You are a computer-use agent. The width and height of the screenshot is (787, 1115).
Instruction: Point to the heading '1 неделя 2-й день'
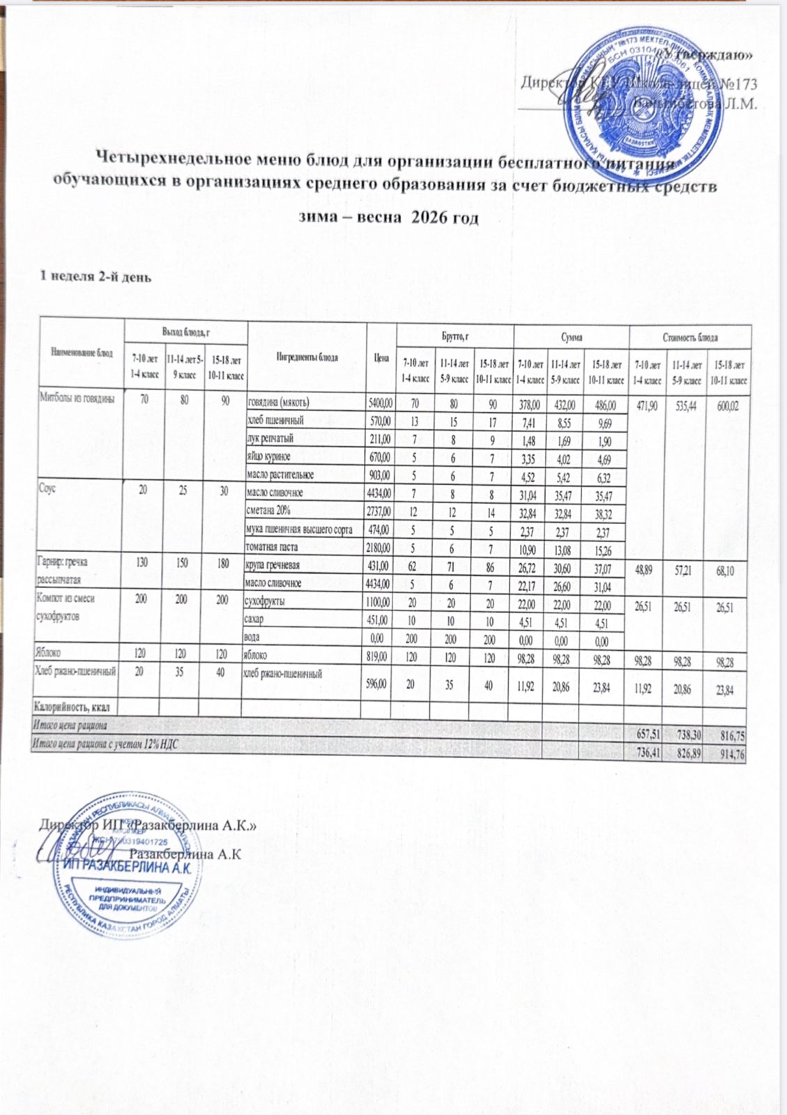93,277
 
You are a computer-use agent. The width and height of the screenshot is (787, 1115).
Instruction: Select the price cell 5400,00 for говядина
380,403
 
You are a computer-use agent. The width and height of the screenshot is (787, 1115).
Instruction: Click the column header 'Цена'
381,357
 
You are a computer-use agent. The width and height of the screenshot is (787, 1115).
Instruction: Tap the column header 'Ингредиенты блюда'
307,357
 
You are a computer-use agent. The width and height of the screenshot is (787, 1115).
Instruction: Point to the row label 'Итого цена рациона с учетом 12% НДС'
105,745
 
